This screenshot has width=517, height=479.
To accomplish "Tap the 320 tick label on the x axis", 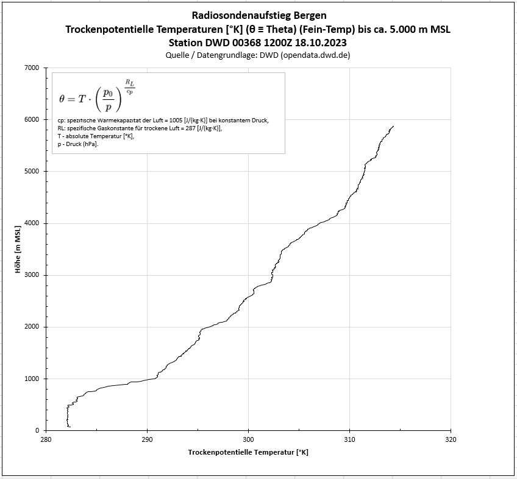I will tap(451, 439).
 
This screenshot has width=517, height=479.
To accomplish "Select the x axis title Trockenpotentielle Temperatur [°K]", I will tap(248, 452).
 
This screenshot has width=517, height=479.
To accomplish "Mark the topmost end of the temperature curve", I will tap(393, 126).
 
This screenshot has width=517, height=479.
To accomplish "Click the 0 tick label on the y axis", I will tap(38, 430).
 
